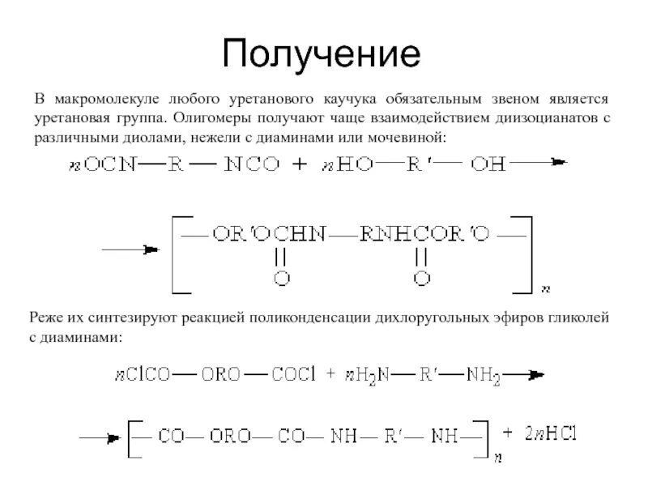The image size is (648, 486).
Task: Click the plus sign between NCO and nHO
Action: click(x=300, y=164)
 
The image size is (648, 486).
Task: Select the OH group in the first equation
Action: click(x=488, y=164)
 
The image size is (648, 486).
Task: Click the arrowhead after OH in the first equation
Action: click(x=558, y=163)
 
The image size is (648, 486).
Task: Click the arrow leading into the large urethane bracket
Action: click(x=129, y=251)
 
